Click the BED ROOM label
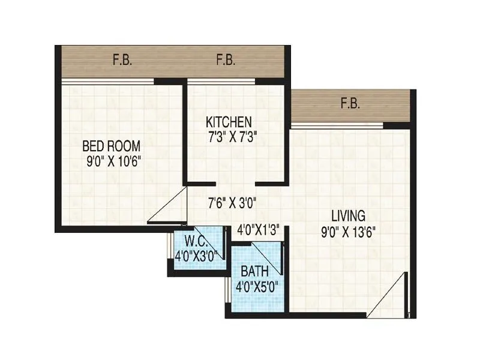pyautogui.click(x=112, y=145)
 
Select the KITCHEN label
pyautogui.click(x=229, y=122)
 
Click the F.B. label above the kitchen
pyautogui.click(x=226, y=60)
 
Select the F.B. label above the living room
pyautogui.click(x=350, y=103)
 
